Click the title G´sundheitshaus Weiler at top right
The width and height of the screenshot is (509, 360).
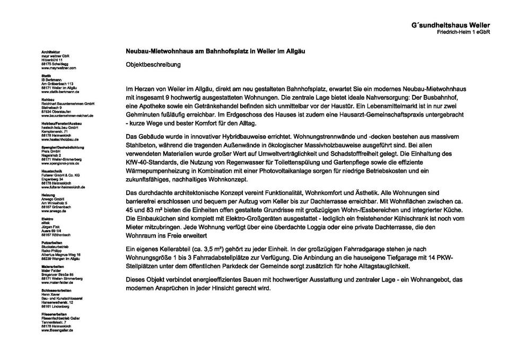[x=450, y=25]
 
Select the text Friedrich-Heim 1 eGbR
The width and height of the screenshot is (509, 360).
[x=463, y=32]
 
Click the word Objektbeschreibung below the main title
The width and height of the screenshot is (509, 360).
[x=153, y=65]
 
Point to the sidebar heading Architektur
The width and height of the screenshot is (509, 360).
[x=50, y=52]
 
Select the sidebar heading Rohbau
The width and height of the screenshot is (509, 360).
[x=48, y=99]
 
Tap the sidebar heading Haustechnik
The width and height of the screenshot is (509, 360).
[x=51, y=171]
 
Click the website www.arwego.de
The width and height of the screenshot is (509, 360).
[x=54, y=211]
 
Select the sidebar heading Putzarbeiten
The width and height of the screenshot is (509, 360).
[x=52, y=243]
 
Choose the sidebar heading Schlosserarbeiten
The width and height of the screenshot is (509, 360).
[x=56, y=291]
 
